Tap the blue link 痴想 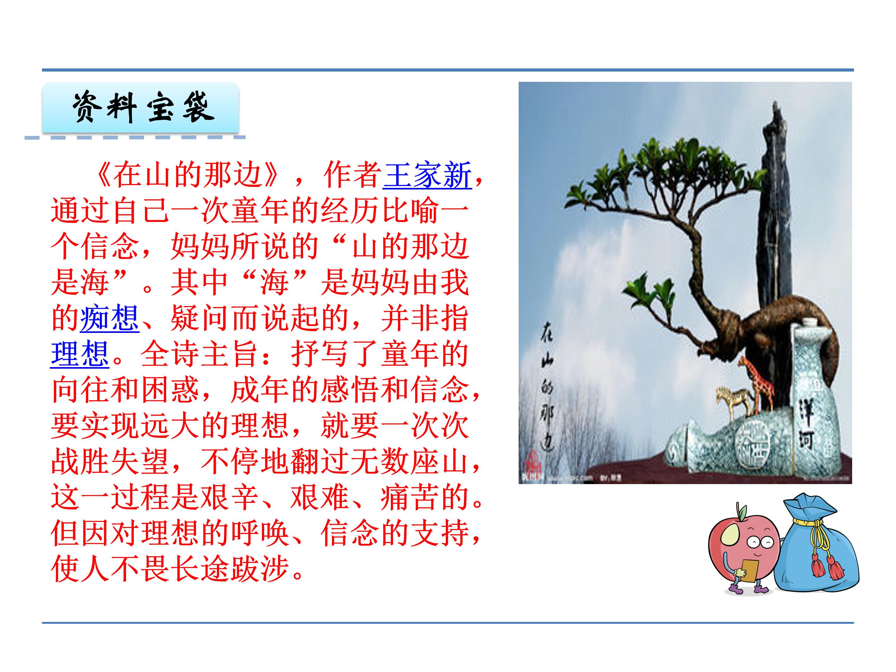(x=110, y=318)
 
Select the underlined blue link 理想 (x=80, y=354)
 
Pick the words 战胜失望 (x=110, y=462)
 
